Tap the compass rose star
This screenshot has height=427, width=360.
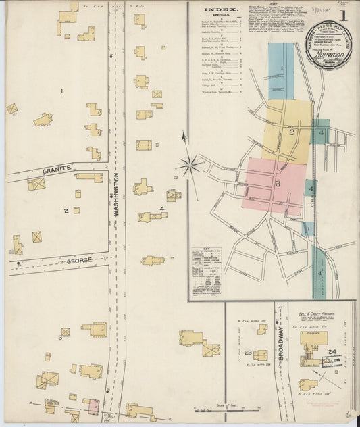pos(190,164)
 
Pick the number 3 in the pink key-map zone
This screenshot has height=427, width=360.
pos(277,183)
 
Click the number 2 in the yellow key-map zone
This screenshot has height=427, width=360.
pos(292,132)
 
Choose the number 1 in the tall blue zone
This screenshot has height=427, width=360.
pos(282,68)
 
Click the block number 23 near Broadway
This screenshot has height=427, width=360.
pos(248,353)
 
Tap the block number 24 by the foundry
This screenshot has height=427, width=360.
pos(332,352)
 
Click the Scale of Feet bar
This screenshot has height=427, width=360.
pos(226,409)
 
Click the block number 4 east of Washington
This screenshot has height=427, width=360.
pos(162,208)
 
